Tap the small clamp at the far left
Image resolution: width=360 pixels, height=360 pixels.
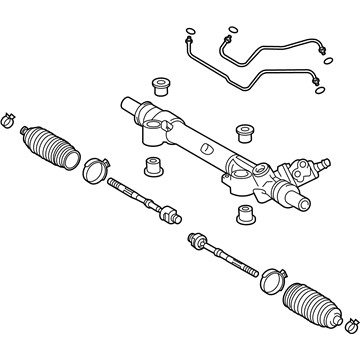click(9, 119)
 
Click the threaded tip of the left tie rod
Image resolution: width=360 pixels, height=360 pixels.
click(116, 183)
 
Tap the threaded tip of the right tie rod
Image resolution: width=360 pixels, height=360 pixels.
click(249, 268)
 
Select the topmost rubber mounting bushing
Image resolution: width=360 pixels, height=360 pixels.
click(157, 81)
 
